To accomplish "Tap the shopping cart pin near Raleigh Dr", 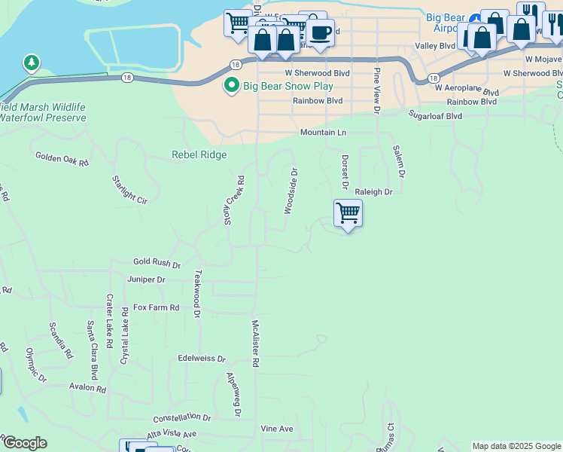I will pyautogui.click(x=348, y=213).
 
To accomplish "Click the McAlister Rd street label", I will pyautogui.click(x=255, y=343).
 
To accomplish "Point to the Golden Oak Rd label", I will pyautogui.click(x=62, y=159).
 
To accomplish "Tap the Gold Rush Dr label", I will pyautogui.click(x=157, y=264).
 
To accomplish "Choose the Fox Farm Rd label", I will pyautogui.click(x=157, y=307).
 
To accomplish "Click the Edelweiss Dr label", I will pyautogui.click(x=202, y=359).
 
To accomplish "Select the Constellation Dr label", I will pyautogui.click(x=182, y=417).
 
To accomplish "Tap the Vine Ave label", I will pyautogui.click(x=276, y=429).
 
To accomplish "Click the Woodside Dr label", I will pyautogui.click(x=291, y=191).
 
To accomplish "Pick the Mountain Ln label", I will pyautogui.click(x=323, y=133).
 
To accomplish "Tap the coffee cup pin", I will pyautogui.click(x=320, y=32).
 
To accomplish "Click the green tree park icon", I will pyautogui.click(x=31, y=63).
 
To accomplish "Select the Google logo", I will pyautogui.click(x=24, y=443).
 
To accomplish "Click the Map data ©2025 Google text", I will pyautogui.click(x=516, y=446).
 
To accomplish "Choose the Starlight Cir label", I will pyautogui.click(x=129, y=189).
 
